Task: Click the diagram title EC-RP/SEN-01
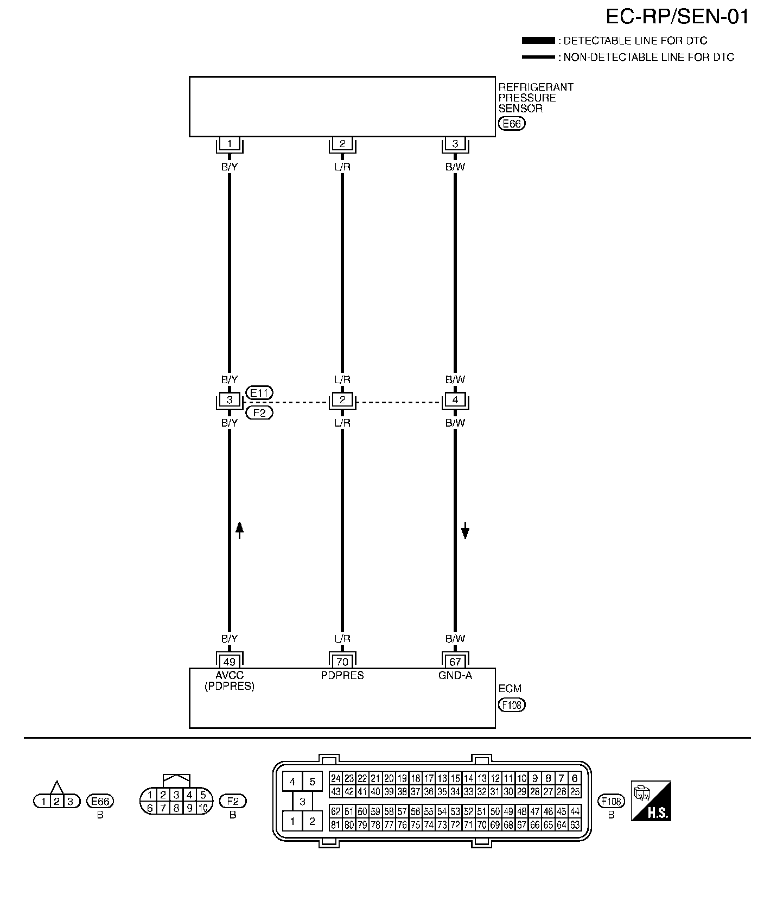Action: click(677, 17)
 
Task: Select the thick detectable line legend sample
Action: click(537, 41)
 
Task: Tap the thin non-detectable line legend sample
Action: click(537, 57)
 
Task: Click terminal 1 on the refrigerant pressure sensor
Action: click(230, 144)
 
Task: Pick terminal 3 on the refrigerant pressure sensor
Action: click(455, 144)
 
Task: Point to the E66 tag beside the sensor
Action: click(511, 124)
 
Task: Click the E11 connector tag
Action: click(259, 392)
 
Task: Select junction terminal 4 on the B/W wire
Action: click(455, 400)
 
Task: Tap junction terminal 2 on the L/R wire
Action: click(342, 400)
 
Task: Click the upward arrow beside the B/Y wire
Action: click(240, 529)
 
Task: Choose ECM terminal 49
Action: click(230, 662)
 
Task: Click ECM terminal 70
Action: click(342, 662)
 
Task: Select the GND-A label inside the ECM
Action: click(455, 676)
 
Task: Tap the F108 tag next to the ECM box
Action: click(511, 705)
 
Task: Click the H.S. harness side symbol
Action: click(651, 801)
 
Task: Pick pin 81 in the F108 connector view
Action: click(335, 825)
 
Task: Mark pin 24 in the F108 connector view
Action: click(335, 778)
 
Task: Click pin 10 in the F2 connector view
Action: click(203, 808)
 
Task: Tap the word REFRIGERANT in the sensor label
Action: click(536, 87)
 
